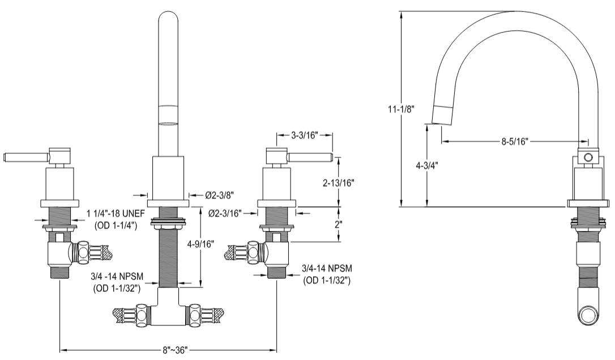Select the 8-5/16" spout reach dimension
(514, 142)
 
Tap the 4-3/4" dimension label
(415, 166)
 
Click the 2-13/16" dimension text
(338, 183)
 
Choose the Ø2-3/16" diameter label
(225, 213)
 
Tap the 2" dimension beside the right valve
(338, 224)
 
